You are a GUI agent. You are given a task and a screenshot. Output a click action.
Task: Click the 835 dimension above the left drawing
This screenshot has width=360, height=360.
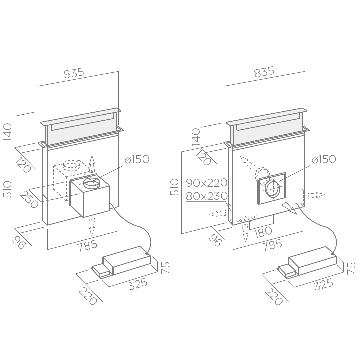(x=74, y=73)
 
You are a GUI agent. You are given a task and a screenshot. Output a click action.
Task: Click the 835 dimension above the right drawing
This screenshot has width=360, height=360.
(x=264, y=72)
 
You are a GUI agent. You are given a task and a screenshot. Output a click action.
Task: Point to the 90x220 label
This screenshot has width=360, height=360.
(x=207, y=183)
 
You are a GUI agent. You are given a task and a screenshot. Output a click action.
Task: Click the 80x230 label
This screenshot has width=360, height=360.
(x=207, y=196)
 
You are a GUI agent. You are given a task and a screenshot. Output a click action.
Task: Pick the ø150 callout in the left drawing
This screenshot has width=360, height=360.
(x=137, y=159)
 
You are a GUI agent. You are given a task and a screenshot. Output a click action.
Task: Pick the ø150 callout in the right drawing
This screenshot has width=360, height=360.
(x=324, y=159)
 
